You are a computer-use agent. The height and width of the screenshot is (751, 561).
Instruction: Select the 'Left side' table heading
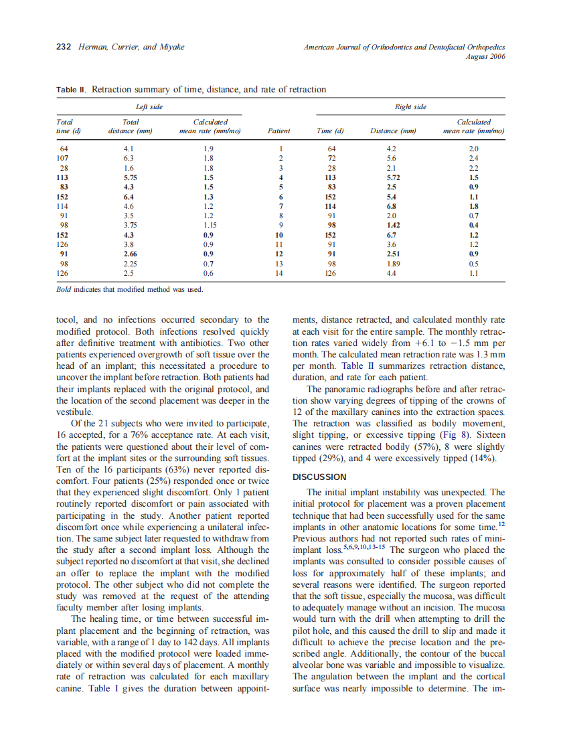click(148, 106)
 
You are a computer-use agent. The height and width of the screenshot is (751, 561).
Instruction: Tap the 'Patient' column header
click(278, 131)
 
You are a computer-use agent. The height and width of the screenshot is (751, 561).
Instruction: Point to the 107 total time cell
click(64, 159)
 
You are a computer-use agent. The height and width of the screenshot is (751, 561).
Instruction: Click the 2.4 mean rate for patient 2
click(473, 159)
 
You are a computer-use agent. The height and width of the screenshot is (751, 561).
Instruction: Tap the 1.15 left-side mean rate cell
click(212, 226)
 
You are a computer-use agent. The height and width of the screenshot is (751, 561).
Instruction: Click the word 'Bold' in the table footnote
click(65, 290)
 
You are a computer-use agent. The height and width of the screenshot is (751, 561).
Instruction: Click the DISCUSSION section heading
click(319, 477)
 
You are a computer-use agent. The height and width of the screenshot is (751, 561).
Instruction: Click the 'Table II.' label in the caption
click(72, 89)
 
